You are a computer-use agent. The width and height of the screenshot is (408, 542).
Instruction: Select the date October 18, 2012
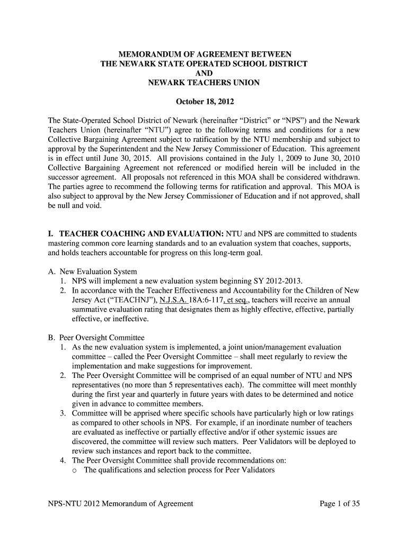pos(204,101)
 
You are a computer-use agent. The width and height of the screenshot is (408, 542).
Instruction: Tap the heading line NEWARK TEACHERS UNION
pos(204,83)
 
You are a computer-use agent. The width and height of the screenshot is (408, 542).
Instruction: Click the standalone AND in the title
pos(204,74)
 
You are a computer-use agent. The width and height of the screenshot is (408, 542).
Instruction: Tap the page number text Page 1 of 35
pos(340,504)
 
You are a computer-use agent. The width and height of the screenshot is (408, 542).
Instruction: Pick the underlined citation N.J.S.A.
pos(175,300)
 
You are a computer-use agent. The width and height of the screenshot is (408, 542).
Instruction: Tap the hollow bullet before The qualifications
pos(75,470)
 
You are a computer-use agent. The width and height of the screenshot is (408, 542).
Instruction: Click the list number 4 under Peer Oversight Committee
pos(63,460)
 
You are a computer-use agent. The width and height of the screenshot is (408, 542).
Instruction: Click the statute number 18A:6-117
pos(203,300)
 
